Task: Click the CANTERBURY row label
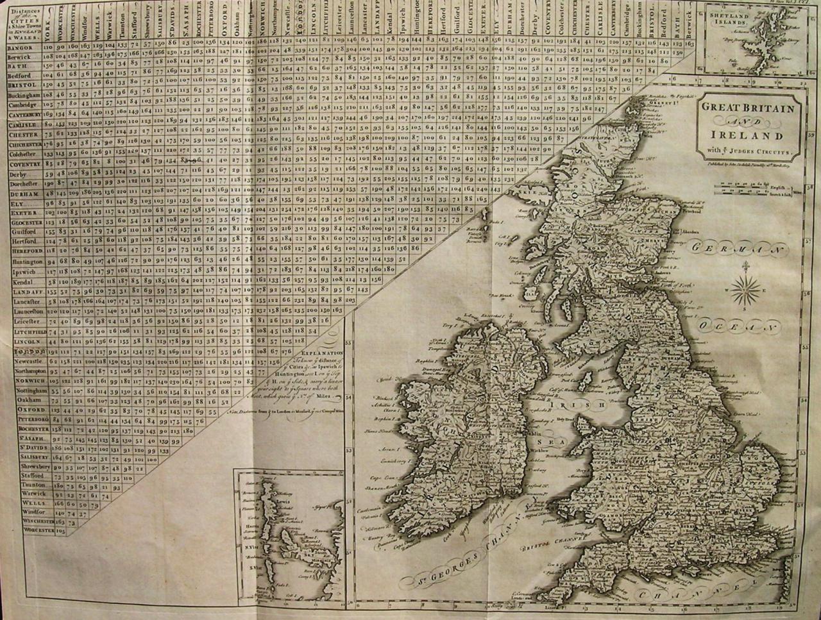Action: [25, 114]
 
